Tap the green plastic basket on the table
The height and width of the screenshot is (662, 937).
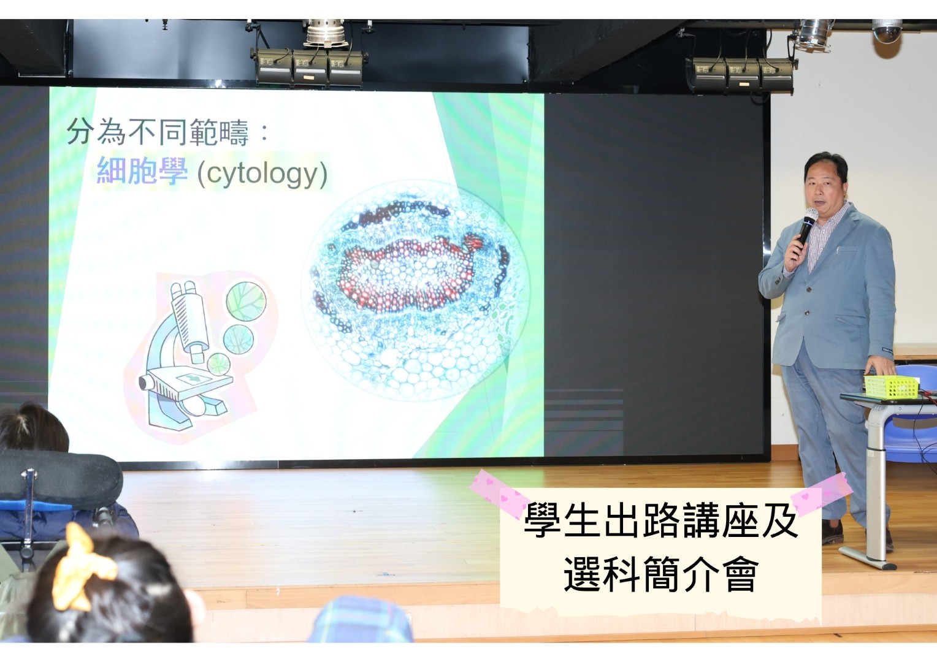pyautogui.click(x=891, y=387)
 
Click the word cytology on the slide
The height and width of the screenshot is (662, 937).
pyautogui.click(x=262, y=173)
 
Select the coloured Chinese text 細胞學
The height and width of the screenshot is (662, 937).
pyautogui.click(x=142, y=170)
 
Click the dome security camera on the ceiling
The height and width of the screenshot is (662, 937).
pyautogui.click(x=887, y=31)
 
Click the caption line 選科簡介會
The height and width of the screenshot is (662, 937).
pyautogui.click(x=661, y=574)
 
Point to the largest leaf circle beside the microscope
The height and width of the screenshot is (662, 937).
pyautogui.click(x=246, y=301)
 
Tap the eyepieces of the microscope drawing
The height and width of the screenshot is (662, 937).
pyautogui.click(x=183, y=289)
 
